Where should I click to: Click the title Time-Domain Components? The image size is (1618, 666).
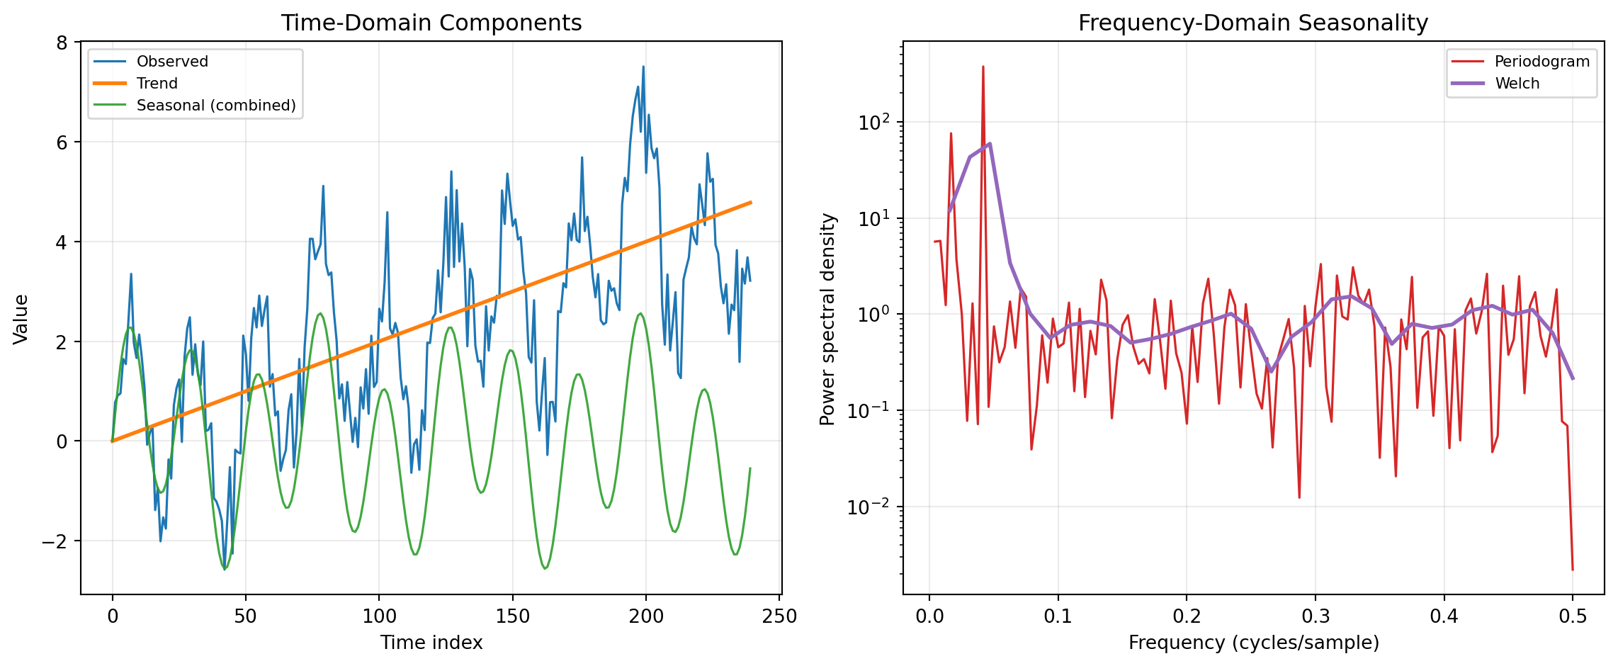coord(431,23)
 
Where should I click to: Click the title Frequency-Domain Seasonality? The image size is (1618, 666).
coord(1252,23)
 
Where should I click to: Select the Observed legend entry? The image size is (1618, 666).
coord(172,62)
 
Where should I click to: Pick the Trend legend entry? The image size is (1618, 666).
coord(157,84)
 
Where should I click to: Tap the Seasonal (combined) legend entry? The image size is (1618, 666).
coord(216,106)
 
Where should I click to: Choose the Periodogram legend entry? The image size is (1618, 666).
coord(1541,62)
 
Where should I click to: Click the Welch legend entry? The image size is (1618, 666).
coord(1517,84)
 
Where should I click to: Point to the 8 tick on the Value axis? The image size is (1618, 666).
coord(62,43)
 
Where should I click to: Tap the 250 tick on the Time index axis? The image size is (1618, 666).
coord(779,616)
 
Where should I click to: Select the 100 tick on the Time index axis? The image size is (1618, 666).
coord(378,616)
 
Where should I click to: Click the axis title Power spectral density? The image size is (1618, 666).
coord(828,319)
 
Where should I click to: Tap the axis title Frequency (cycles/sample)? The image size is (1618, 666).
coord(1253,643)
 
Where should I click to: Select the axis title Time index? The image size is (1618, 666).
coord(431,643)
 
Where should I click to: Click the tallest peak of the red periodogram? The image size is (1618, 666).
coord(983,67)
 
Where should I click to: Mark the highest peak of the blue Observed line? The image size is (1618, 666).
coord(643,67)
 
